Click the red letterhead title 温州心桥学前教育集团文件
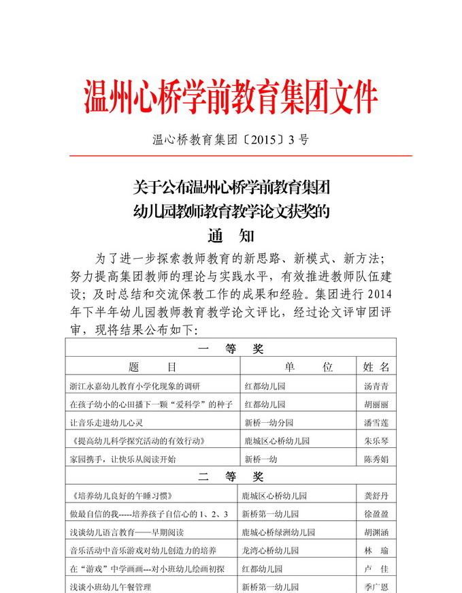click(x=231, y=97)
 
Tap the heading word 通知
click(x=231, y=236)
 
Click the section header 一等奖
click(x=231, y=349)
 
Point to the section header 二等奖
click(x=231, y=477)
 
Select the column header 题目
click(x=152, y=367)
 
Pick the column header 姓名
click(x=376, y=367)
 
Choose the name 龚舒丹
click(x=376, y=496)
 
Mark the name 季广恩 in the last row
click(x=376, y=586)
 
